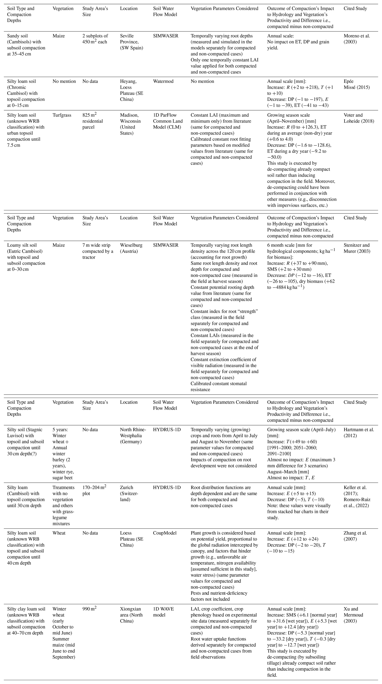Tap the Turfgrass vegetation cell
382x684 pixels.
pos(62,115)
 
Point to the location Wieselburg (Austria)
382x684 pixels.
pos(131,248)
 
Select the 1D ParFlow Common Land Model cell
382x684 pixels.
pos(168,121)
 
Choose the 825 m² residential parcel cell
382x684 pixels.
pos(92,121)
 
